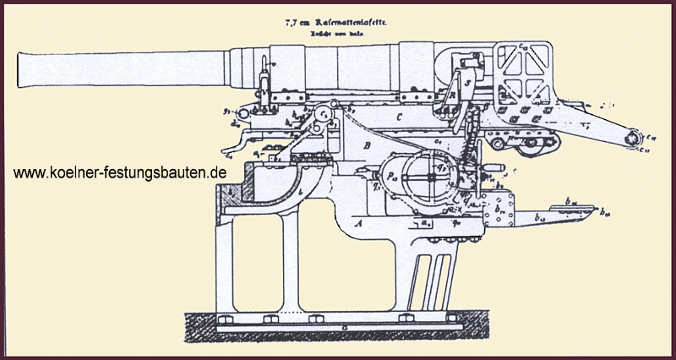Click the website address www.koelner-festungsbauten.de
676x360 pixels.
122,172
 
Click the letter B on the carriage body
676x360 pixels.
366,145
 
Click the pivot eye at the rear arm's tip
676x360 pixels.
631,139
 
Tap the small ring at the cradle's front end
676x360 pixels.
245,112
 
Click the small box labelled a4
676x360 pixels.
427,223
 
